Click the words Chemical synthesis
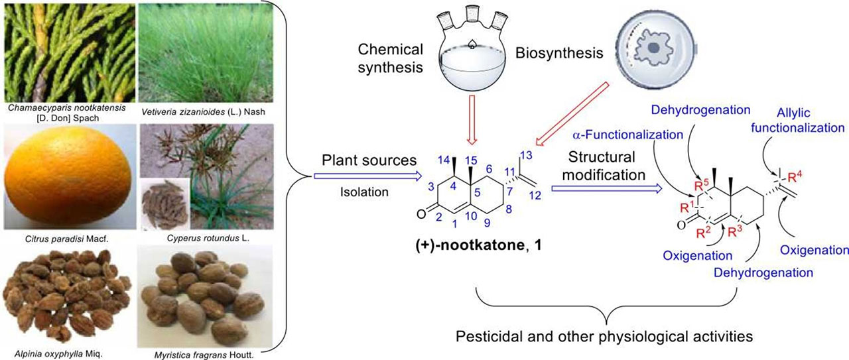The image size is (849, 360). point(391,58)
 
